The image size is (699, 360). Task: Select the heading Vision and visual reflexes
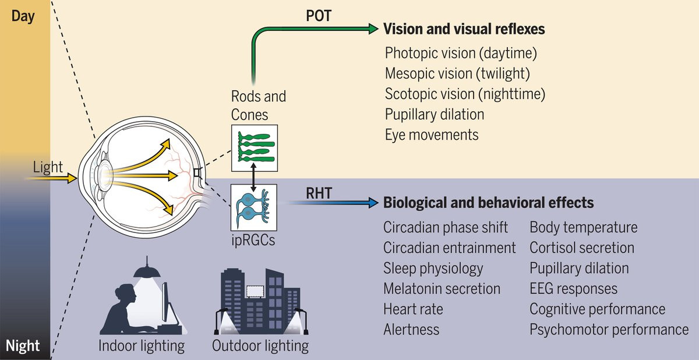[x=464, y=29]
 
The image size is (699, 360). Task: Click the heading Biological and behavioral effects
[x=488, y=203]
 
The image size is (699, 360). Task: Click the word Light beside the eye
[x=48, y=168]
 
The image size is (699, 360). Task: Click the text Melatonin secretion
[x=442, y=288]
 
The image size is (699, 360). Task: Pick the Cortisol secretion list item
[x=581, y=248]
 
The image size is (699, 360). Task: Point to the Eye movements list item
[x=431, y=135]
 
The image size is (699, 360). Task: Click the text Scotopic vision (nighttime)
[x=464, y=94]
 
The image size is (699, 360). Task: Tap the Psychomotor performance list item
[x=609, y=329]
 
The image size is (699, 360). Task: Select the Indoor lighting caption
[x=142, y=345]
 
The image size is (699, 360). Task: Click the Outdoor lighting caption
[x=260, y=345]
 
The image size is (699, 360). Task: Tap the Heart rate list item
[x=413, y=309]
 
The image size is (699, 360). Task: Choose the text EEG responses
[x=573, y=288]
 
